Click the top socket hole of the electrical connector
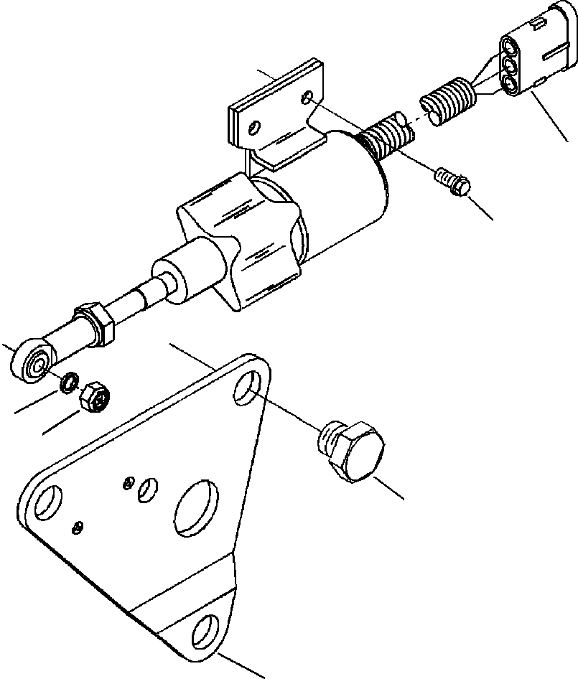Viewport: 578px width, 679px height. click(511, 50)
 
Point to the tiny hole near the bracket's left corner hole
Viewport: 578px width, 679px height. click(78, 530)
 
